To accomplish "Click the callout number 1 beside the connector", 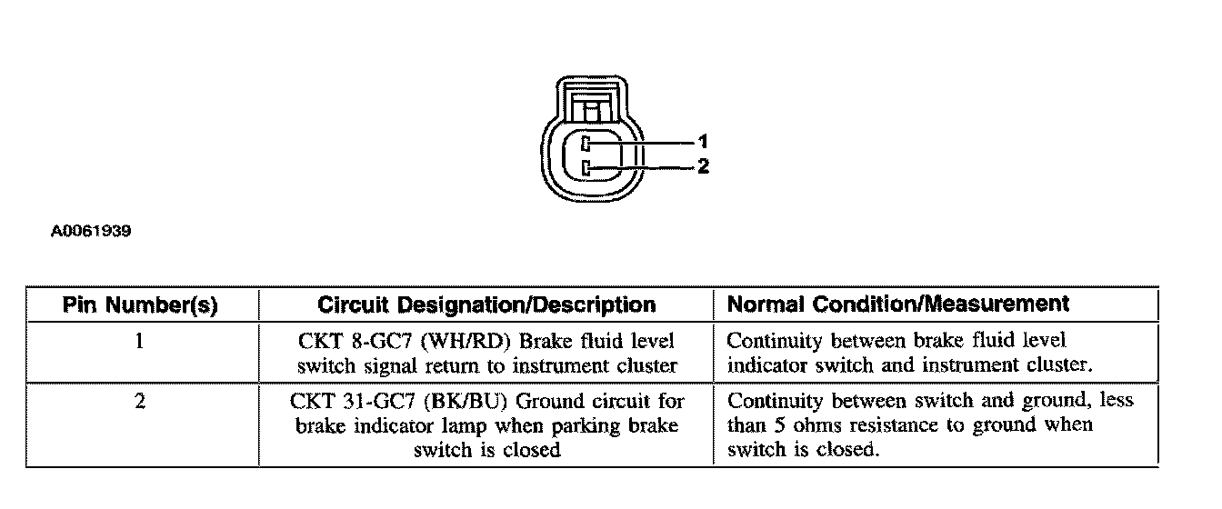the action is [702, 142].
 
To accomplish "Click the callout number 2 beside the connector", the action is [702, 167].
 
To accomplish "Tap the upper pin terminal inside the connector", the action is [587, 143].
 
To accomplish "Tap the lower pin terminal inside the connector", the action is [587, 167].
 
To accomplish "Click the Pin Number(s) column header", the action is [140, 304].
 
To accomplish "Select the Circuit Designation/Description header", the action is [486, 304].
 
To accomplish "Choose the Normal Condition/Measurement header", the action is [898, 304].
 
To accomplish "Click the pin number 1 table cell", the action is [140, 342].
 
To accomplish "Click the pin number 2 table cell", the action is [140, 401].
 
